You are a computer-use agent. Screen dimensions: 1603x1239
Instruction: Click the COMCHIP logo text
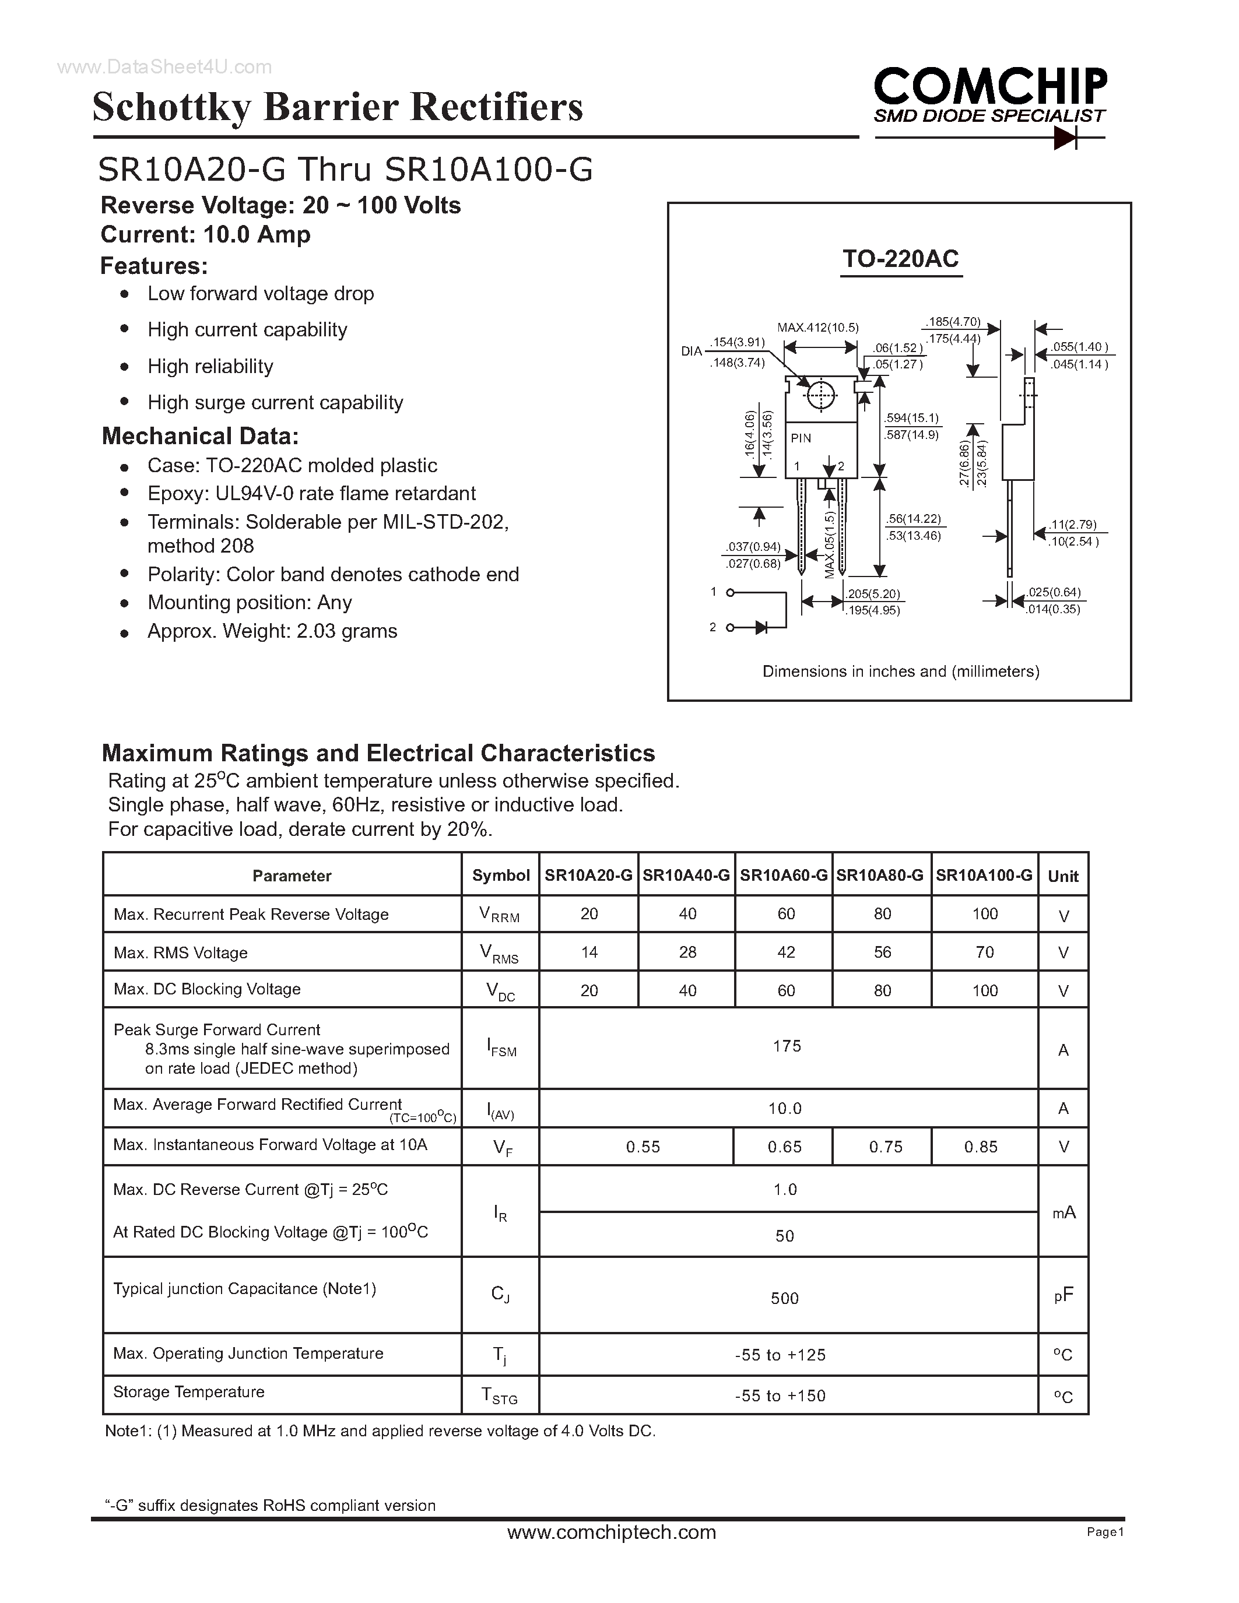click(990, 87)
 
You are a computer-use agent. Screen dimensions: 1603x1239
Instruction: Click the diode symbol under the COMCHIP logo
click(1064, 137)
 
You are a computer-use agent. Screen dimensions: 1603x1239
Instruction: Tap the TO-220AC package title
click(901, 259)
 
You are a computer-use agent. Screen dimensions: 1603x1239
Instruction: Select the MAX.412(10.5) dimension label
click(817, 328)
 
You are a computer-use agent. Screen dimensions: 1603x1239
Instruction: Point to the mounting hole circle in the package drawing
click(820, 396)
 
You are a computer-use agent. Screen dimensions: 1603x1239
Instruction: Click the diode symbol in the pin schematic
click(760, 628)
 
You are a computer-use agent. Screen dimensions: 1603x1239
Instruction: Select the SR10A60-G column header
click(783, 875)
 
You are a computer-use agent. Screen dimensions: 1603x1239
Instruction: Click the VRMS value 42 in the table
click(785, 952)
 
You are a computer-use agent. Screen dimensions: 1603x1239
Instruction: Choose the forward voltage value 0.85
click(981, 1147)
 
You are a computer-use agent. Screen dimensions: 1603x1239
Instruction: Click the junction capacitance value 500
click(785, 1298)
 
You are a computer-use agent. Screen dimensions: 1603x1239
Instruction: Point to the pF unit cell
click(1063, 1295)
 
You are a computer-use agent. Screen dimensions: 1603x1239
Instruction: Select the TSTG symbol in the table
click(499, 1395)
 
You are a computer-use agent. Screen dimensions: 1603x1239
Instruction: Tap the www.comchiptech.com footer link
click(612, 1532)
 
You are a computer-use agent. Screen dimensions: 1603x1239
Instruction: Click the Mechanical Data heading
click(199, 436)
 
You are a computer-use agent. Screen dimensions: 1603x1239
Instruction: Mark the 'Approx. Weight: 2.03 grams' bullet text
click(272, 631)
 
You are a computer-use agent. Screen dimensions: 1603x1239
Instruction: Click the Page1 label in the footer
click(1105, 1532)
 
